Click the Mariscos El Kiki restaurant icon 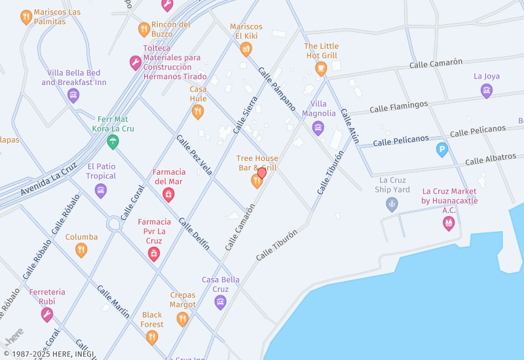pyautogui.click(x=246, y=49)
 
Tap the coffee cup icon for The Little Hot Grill pyautogui.click(x=321, y=68)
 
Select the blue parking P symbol pyautogui.click(x=442, y=150)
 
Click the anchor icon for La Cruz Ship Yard pyautogui.click(x=392, y=204)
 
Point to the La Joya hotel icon pyautogui.click(x=487, y=91)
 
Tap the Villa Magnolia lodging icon pyautogui.click(x=318, y=128)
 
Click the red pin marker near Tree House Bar pyautogui.click(x=262, y=173)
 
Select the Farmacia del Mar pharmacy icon pyautogui.click(x=168, y=194)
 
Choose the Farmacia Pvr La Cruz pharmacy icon pyautogui.click(x=154, y=254)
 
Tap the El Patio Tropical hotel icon pyautogui.click(x=101, y=190)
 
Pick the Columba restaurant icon pyautogui.click(x=81, y=250)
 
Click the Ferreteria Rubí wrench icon pyautogui.click(x=47, y=315)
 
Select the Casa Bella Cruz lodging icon pyautogui.click(x=220, y=302)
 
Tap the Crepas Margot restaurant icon pyautogui.click(x=183, y=319)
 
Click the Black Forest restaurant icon pyautogui.click(x=152, y=337)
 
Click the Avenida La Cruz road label pyautogui.click(x=48, y=179)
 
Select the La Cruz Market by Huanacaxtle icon pyautogui.click(x=449, y=224)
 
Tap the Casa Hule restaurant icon pyautogui.click(x=198, y=112)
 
